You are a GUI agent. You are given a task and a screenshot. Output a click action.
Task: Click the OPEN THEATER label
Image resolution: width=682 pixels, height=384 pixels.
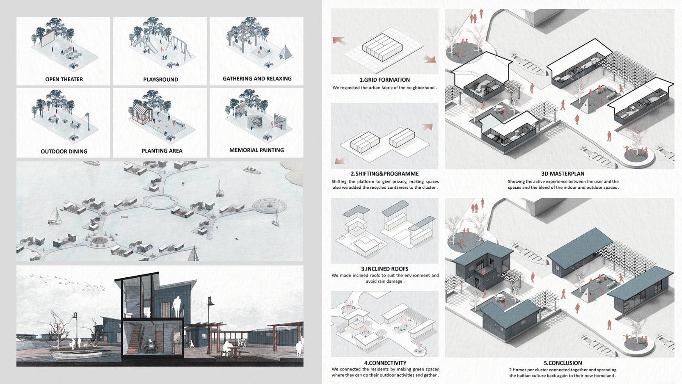pyautogui.click(x=64, y=79)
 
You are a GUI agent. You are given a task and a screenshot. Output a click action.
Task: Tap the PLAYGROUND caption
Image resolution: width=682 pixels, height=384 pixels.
pyautogui.click(x=160, y=80)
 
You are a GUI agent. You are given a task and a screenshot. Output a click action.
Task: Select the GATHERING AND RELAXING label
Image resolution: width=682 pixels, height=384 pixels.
pyautogui.click(x=257, y=79)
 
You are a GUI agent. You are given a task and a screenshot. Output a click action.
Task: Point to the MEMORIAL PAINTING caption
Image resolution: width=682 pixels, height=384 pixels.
pyautogui.click(x=257, y=150)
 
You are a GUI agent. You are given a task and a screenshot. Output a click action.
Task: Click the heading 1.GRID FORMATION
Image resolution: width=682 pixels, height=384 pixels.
pyautogui.click(x=384, y=80)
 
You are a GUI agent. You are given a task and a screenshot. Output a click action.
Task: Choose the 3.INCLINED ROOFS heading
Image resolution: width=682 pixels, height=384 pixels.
pyautogui.click(x=384, y=269)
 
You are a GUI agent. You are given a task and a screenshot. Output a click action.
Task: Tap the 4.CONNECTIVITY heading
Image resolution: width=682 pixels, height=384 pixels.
pyautogui.click(x=385, y=363)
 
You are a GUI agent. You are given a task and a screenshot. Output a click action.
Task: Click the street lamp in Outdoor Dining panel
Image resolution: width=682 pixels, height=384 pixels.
pyautogui.click(x=88, y=121)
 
